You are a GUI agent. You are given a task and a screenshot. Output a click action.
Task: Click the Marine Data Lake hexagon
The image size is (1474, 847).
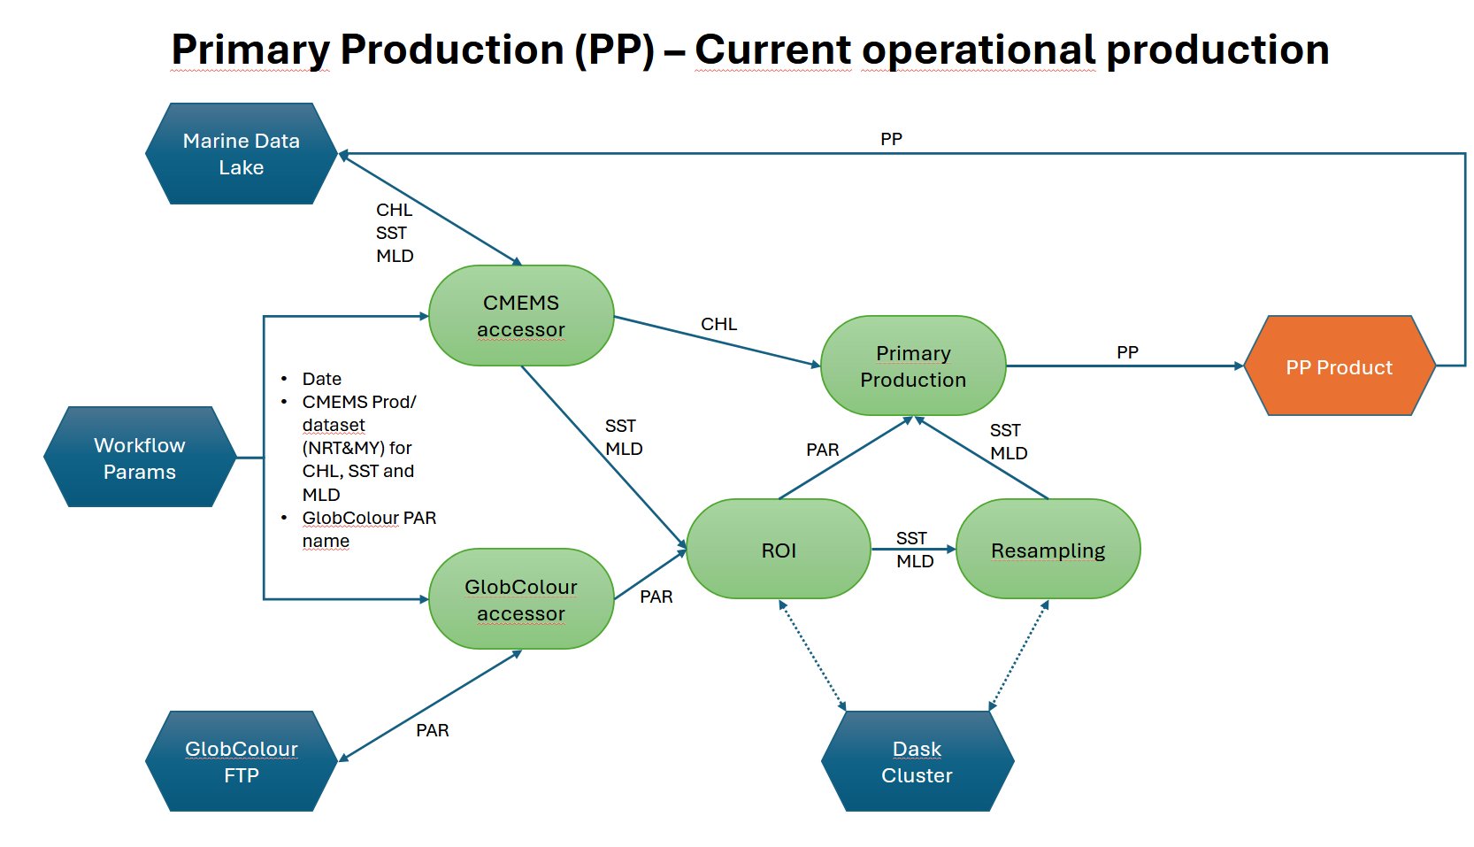click(241, 154)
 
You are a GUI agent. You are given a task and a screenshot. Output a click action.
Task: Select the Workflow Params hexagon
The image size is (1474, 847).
click(140, 458)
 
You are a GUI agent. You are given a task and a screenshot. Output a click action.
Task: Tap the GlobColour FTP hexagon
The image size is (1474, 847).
click(241, 761)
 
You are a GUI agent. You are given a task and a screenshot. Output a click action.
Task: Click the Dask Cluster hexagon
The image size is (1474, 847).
click(917, 761)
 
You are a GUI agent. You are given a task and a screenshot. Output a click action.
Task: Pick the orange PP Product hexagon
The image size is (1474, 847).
click(1339, 366)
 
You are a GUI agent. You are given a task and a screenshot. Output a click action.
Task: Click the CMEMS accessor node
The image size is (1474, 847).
click(521, 316)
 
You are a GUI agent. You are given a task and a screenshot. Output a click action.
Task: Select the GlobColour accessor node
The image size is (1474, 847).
click(521, 599)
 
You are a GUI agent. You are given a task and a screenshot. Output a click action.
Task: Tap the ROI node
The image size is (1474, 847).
click(779, 550)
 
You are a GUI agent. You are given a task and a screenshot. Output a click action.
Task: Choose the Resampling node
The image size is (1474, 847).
click(1048, 550)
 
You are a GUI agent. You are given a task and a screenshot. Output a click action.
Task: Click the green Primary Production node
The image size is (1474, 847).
click(913, 366)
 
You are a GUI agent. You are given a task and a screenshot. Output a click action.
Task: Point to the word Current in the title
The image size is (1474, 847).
click(772, 50)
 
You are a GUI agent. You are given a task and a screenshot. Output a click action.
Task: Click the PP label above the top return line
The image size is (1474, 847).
click(891, 139)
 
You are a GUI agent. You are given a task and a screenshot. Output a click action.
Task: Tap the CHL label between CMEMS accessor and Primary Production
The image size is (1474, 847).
click(718, 324)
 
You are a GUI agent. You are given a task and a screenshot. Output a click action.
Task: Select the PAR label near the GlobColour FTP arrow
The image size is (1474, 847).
click(433, 730)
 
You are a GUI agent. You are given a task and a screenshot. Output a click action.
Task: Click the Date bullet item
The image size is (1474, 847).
click(322, 379)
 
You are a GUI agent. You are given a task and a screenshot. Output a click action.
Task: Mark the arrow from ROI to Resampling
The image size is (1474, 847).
click(913, 549)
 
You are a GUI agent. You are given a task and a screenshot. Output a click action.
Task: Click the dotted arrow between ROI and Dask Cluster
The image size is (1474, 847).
click(812, 655)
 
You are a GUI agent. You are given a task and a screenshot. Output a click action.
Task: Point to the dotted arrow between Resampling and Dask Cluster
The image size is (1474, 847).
click(1018, 655)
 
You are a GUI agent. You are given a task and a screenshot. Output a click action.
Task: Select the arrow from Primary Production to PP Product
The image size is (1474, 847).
click(1124, 366)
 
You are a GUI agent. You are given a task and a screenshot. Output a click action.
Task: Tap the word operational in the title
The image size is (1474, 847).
click(979, 50)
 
